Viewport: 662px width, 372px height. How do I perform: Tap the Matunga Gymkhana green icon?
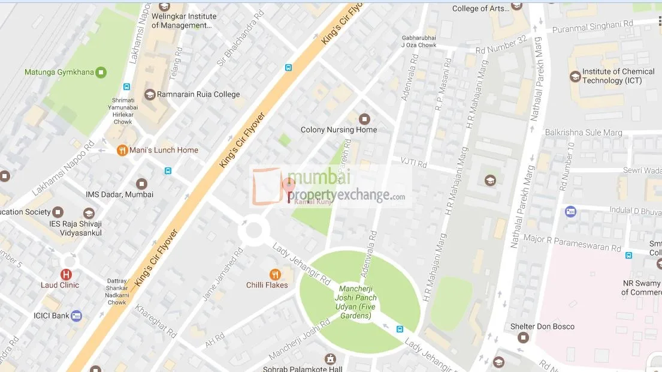point(101,72)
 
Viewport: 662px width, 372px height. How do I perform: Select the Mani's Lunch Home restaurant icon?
point(122,150)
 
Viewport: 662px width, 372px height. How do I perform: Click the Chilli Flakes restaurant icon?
point(275,274)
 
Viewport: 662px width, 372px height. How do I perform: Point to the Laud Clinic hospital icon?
point(66,274)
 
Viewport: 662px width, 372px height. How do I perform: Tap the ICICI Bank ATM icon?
point(76,316)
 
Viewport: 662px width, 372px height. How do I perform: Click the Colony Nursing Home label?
point(338,130)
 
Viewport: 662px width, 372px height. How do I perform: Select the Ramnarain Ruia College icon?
point(148,94)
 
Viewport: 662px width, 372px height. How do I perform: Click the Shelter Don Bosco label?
point(542,326)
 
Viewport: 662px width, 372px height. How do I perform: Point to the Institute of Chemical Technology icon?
point(575,76)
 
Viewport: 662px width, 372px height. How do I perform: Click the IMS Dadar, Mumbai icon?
point(141,184)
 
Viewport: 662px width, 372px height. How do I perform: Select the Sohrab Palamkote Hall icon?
point(330,359)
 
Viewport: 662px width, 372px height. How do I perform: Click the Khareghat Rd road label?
point(155,320)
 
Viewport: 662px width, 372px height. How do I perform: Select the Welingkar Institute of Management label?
point(184,21)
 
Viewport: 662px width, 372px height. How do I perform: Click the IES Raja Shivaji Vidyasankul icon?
point(89,214)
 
